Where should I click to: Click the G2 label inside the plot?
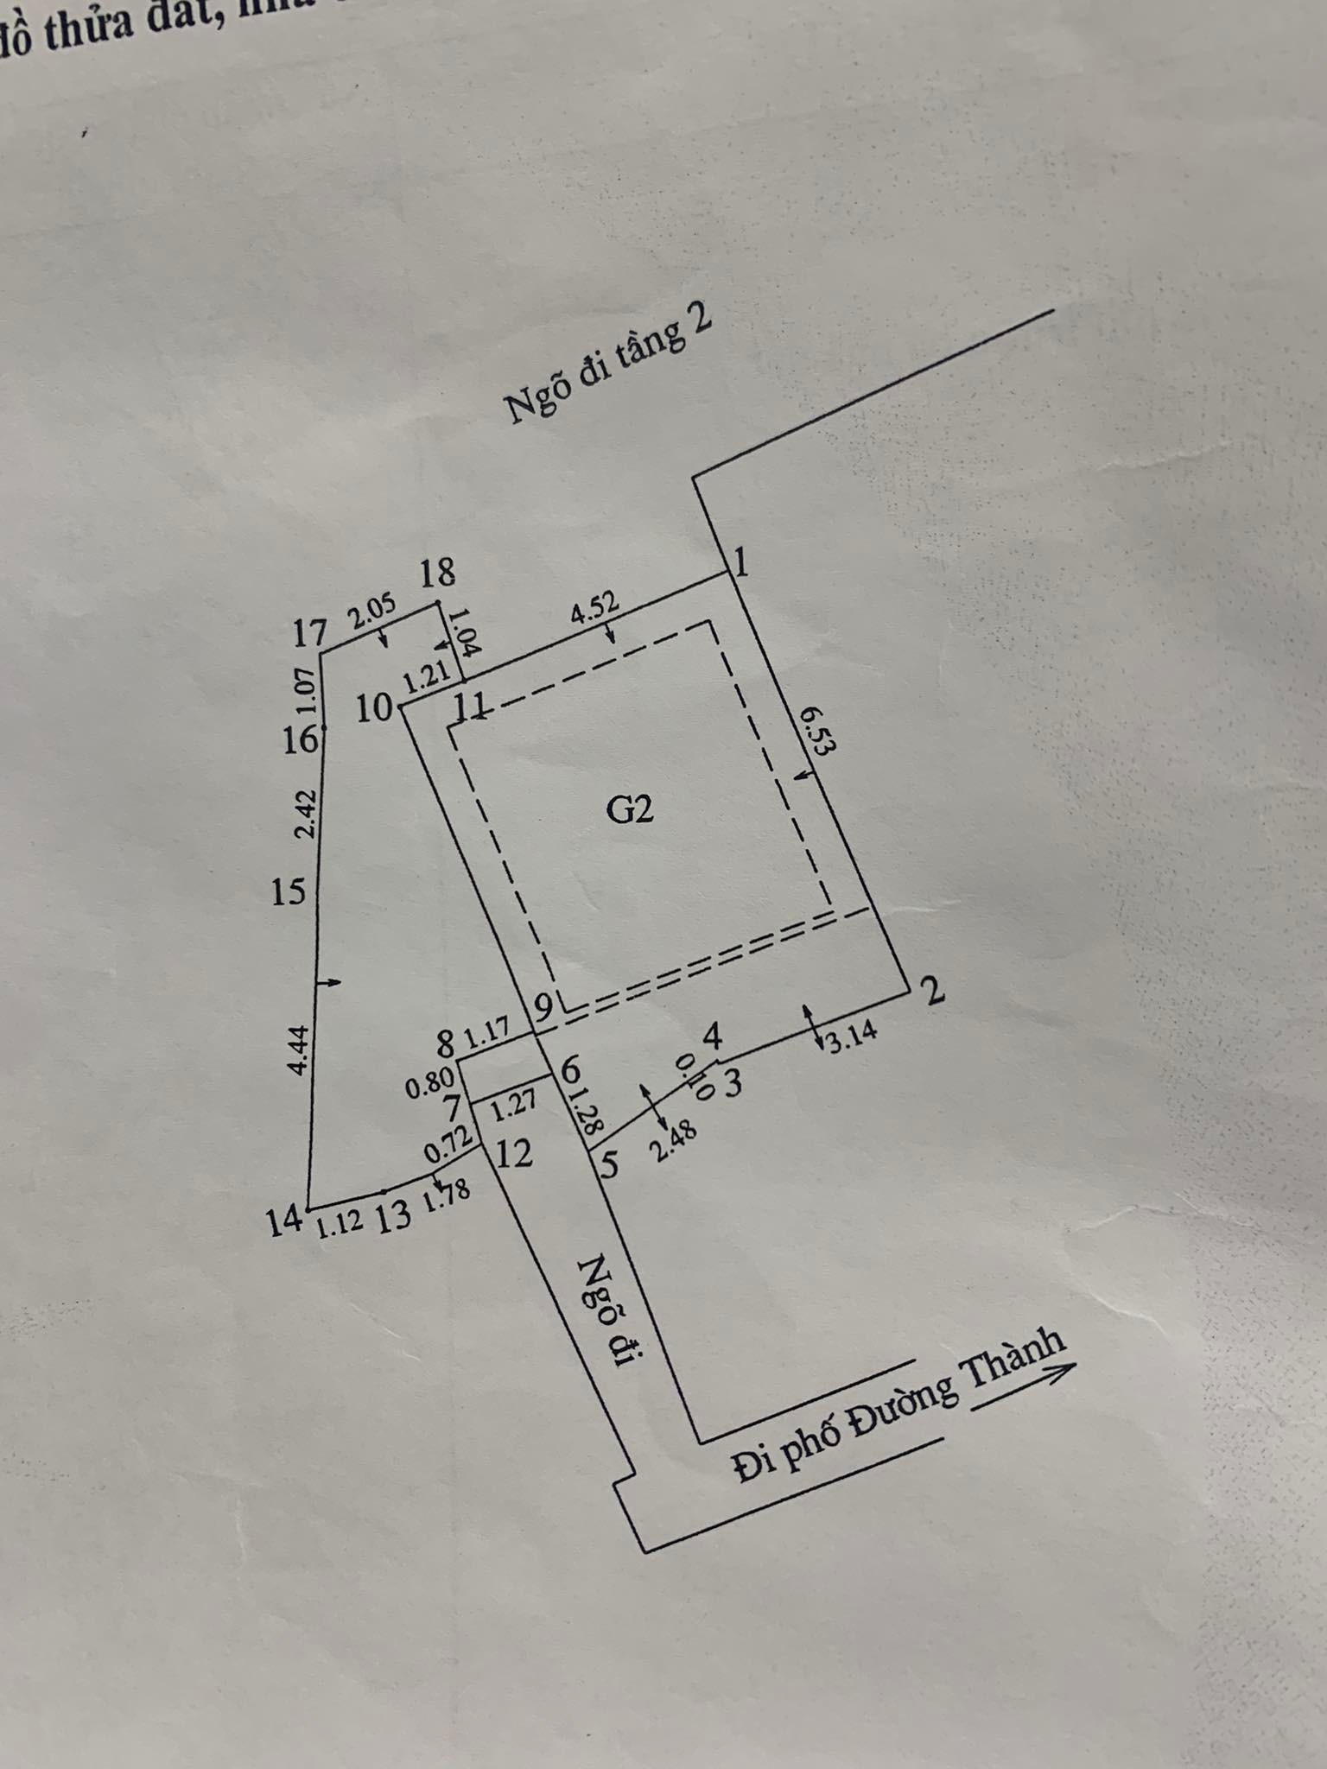pos(632,809)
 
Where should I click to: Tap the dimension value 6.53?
pos(814,731)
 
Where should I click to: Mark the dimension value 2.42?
pos(304,814)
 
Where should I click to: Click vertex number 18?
pos(437,572)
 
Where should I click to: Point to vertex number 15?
pos(289,891)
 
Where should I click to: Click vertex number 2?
pos(933,991)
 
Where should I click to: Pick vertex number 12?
pos(515,1154)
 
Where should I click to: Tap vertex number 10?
pos(375,709)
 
